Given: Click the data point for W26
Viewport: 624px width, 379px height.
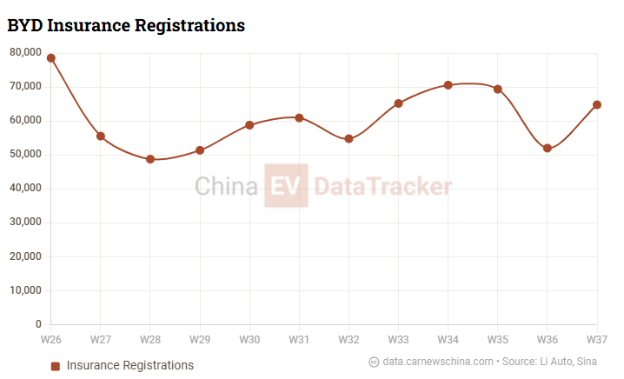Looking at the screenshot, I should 51,58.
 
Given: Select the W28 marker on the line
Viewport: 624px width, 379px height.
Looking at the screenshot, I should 150,159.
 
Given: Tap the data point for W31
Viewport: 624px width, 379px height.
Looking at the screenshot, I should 299,117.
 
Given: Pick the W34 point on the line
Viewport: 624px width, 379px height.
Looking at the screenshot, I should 448,85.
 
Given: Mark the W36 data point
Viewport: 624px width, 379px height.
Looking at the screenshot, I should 548,149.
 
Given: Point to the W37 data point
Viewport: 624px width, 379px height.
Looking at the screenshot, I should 597,105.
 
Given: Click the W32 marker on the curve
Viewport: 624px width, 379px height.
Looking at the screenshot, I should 349,139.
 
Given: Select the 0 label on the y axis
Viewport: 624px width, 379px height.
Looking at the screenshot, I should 38,324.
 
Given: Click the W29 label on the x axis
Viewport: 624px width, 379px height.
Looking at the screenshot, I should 200,338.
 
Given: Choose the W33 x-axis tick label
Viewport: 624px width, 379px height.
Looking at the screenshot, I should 399,338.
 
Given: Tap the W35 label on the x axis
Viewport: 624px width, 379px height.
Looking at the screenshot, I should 498,338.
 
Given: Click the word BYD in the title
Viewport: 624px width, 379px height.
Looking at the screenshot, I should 24,25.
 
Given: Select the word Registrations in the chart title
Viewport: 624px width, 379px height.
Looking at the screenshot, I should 189,25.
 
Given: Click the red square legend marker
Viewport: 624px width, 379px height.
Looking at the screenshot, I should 56,366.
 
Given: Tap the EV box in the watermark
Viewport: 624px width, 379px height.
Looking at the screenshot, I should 286,185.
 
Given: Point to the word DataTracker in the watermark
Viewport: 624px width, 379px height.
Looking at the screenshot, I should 382,186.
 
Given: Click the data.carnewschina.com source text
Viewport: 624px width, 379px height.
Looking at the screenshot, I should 438,362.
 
